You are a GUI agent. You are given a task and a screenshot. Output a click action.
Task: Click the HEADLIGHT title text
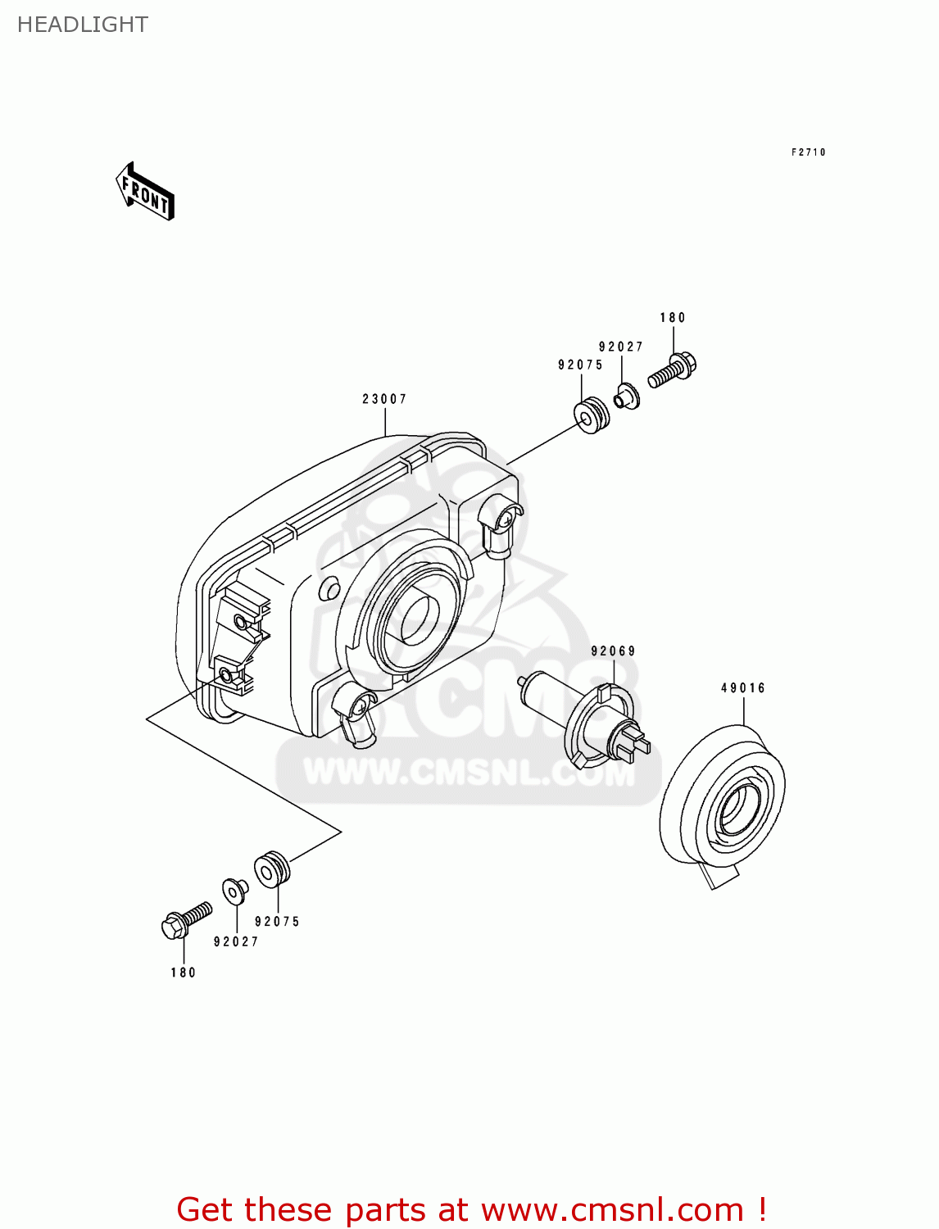pos(82,25)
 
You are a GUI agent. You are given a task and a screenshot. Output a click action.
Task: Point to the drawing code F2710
pos(808,152)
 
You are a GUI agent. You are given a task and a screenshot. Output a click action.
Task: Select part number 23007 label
pos(384,399)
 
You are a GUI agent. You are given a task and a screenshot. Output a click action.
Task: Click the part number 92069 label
pos(613,651)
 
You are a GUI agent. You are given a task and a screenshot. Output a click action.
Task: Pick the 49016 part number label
pos(743,688)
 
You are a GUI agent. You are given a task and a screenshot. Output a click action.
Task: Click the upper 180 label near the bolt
pos(673,318)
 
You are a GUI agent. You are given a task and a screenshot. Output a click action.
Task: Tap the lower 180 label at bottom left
pos(184,973)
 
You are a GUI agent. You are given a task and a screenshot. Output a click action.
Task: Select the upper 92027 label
pos(620,347)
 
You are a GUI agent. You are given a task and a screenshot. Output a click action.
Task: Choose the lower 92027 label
pos(236,942)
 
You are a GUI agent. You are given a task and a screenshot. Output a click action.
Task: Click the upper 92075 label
pos(580,365)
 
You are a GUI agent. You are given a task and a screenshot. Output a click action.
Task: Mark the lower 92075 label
pos(277,922)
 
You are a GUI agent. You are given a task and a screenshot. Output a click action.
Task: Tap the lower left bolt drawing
pos(186,920)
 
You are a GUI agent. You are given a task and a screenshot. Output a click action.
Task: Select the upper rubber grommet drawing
pos(592,416)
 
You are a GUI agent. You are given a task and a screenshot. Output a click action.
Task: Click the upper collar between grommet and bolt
pos(628,398)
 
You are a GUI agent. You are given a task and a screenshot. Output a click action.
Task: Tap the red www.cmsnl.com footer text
pos(471,1209)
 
